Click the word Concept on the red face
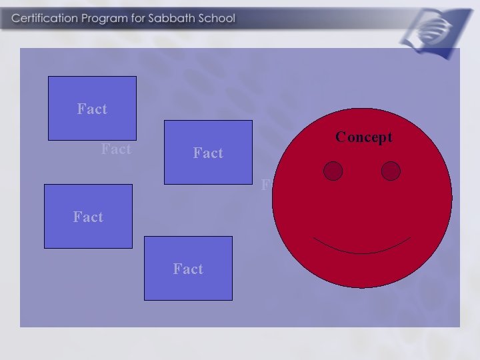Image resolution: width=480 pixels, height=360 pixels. [364, 137]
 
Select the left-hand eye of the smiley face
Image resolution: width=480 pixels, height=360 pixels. [333, 171]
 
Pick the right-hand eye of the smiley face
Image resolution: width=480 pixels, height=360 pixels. [391, 171]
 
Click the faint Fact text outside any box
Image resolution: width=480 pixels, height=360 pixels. [116, 149]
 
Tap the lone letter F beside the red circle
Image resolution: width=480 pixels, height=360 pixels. [265, 185]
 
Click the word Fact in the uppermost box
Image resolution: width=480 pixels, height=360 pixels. [92, 109]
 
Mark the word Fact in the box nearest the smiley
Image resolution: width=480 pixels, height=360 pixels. [208, 153]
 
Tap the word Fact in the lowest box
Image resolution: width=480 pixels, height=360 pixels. [188, 269]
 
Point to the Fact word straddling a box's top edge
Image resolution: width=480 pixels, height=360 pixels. [88, 217]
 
